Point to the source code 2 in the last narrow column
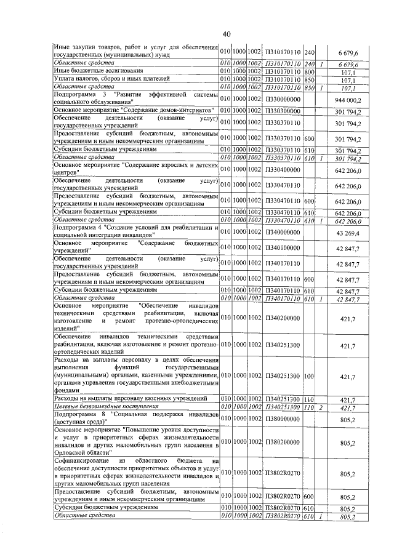coord(321,407)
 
